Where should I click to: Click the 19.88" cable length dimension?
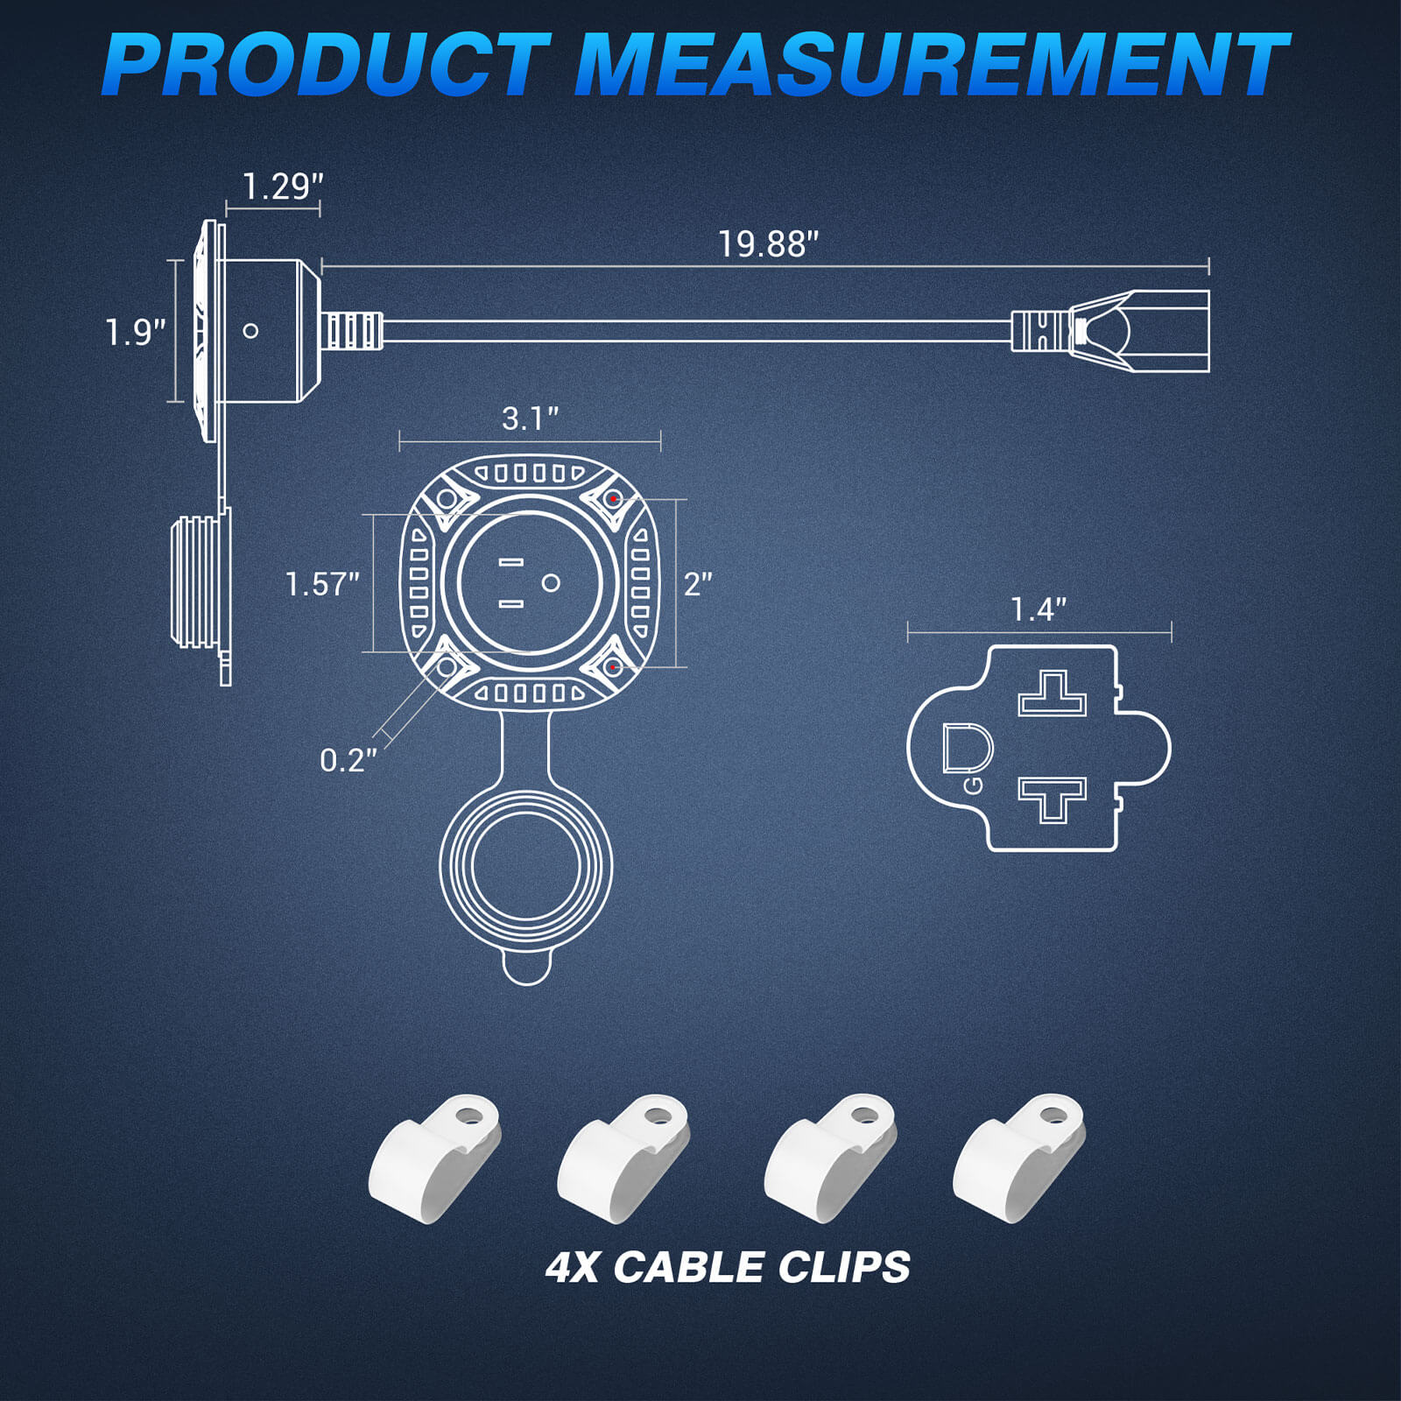[x=768, y=244]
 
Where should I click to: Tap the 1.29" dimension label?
[x=282, y=187]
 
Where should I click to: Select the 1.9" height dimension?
[x=135, y=333]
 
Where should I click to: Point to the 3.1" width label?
[x=530, y=419]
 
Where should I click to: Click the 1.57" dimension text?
[x=322, y=584]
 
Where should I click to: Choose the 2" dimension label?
[x=698, y=584]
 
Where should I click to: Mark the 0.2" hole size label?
[x=348, y=760]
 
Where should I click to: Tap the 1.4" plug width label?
[x=1038, y=609]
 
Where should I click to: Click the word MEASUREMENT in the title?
[x=931, y=65]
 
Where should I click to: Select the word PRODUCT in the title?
[x=326, y=65]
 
